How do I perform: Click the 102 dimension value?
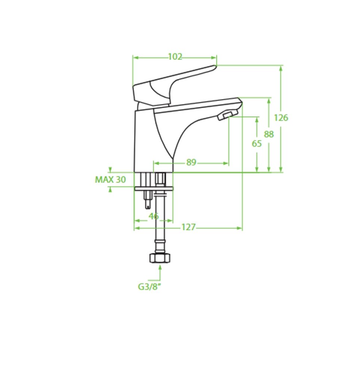point(175,57)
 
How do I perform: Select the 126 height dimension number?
point(281,117)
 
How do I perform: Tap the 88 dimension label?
point(269,134)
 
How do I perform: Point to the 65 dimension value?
point(257,144)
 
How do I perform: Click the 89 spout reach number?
point(191,162)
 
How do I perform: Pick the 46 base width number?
point(154,216)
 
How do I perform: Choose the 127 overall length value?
point(188,227)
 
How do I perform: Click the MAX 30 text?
point(110,180)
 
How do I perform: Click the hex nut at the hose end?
point(160,258)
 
